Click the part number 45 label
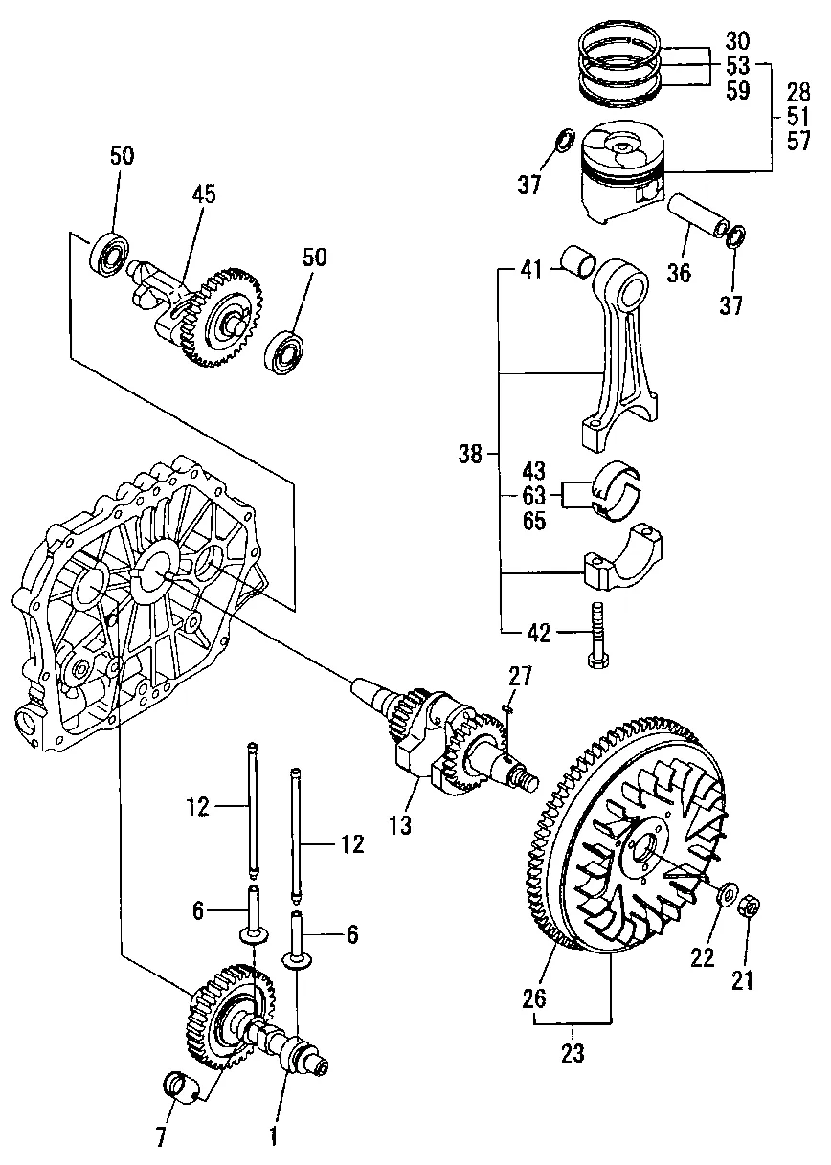[x=203, y=194]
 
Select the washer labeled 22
[x=726, y=893]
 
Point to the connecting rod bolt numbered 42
[x=597, y=635]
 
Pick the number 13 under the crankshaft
[x=400, y=825]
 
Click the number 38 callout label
[x=470, y=454]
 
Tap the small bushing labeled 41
[x=578, y=260]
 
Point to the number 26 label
[x=534, y=998]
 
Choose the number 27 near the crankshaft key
[x=520, y=676]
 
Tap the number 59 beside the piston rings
[x=738, y=90]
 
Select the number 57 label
[x=798, y=141]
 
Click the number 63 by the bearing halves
[x=534, y=496]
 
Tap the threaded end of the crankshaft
[x=526, y=782]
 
